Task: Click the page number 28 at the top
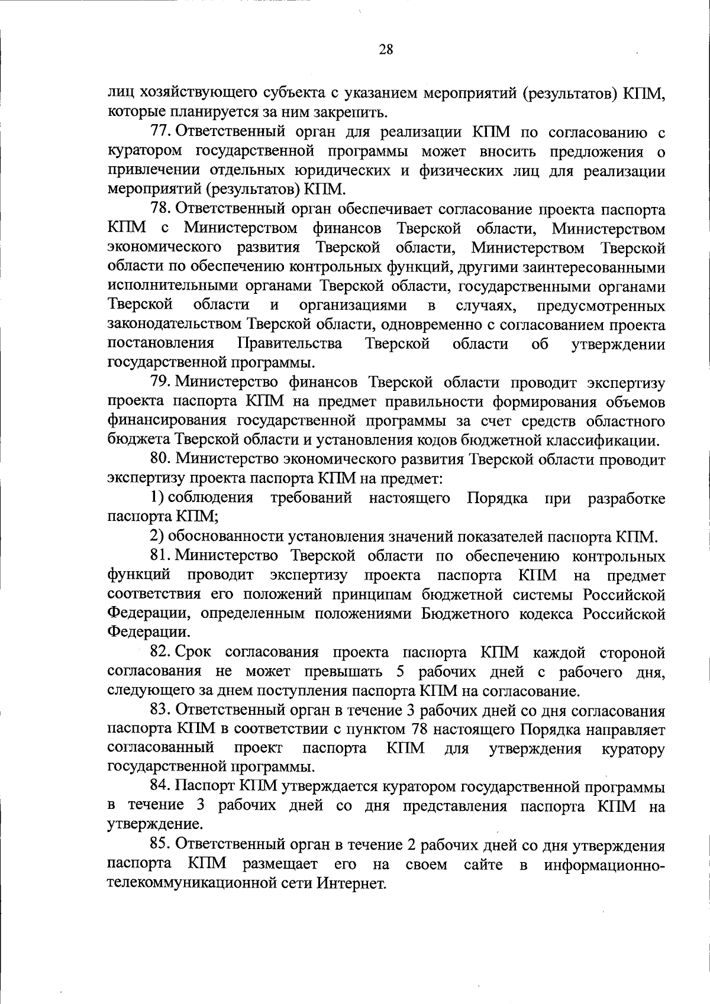tap(385, 50)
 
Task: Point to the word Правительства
tap(289, 344)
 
